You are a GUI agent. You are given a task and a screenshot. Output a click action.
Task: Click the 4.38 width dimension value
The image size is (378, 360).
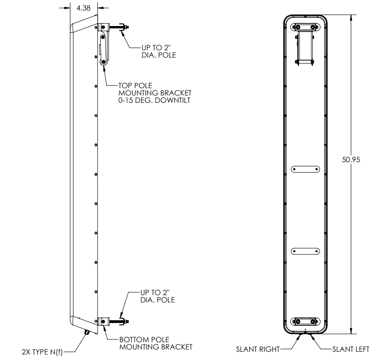pyautogui.click(x=83, y=8)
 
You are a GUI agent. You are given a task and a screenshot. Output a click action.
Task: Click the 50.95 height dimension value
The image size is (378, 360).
pyautogui.click(x=351, y=160)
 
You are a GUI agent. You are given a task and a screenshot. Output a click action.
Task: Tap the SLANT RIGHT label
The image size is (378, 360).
pyautogui.click(x=257, y=349)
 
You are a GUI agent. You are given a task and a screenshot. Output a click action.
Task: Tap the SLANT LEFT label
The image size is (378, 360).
pyautogui.click(x=351, y=349)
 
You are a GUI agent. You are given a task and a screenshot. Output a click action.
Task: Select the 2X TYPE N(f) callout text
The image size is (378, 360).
pyautogui.click(x=42, y=352)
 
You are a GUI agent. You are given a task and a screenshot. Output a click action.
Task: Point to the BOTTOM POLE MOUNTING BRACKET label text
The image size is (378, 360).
pyautogui.click(x=155, y=343)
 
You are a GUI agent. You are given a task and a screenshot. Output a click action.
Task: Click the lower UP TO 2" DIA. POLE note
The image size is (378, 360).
pyautogui.click(x=157, y=296)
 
